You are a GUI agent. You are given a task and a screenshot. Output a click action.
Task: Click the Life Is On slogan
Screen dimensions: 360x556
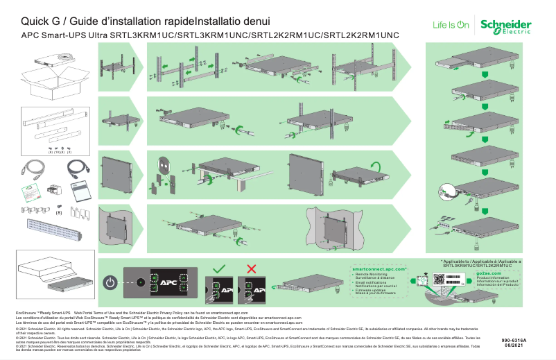pyautogui.click(x=451, y=25)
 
